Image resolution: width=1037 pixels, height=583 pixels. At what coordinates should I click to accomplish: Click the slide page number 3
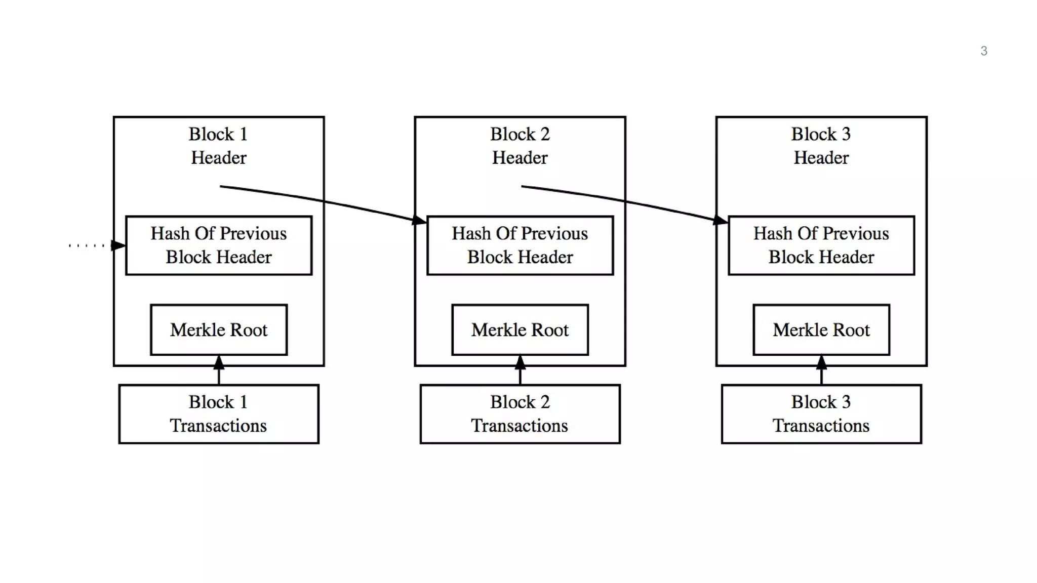pyautogui.click(x=983, y=51)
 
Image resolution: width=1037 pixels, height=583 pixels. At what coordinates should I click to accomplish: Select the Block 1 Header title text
pyautogui.click(x=218, y=146)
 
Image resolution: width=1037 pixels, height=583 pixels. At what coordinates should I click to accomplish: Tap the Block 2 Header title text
pyautogui.click(x=520, y=146)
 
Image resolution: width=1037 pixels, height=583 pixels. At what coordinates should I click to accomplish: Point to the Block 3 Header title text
pyautogui.click(x=821, y=146)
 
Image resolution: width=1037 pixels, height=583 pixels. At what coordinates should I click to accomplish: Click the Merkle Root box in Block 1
pyautogui.click(x=219, y=330)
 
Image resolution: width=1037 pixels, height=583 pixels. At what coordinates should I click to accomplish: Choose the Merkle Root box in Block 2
pyautogui.click(x=520, y=330)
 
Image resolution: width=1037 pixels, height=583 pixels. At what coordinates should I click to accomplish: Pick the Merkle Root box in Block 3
pyautogui.click(x=821, y=330)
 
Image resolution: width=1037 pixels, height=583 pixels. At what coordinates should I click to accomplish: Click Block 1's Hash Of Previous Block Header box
pyautogui.click(x=219, y=245)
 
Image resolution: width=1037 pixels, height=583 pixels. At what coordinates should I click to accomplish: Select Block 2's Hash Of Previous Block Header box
pyautogui.click(x=520, y=245)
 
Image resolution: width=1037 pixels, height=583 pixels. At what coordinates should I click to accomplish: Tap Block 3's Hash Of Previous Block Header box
pyautogui.click(x=821, y=245)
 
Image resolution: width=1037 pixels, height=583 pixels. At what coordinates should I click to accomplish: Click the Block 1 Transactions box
pyautogui.click(x=219, y=414)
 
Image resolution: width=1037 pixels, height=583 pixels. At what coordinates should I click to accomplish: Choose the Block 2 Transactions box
pyautogui.click(x=520, y=414)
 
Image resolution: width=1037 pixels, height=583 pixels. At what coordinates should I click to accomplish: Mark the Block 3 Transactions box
pyautogui.click(x=821, y=414)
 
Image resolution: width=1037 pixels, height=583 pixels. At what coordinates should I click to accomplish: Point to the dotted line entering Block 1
pyautogui.click(x=86, y=246)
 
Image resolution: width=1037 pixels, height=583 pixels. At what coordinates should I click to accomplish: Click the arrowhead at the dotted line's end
pyautogui.click(x=118, y=245)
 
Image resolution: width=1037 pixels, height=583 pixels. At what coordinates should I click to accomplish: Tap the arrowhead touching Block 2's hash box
pyautogui.click(x=419, y=220)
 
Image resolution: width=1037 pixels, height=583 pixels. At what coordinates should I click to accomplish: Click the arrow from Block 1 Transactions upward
pyautogui.click(x=219, y=372)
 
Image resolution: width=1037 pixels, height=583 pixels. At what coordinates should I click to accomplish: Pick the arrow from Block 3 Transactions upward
pyautogui.click(x=821, y=372)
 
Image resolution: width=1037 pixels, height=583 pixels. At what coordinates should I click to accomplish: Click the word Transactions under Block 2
pyautogui.click(x=520, y=426)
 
